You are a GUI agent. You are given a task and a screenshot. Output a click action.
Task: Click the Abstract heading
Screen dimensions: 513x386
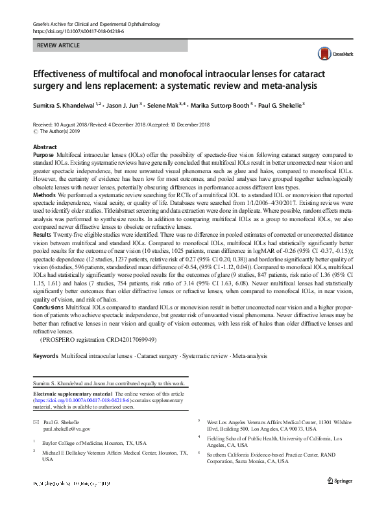(45, 148)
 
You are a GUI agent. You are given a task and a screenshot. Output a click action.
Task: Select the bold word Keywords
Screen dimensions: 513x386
(45, 357)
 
